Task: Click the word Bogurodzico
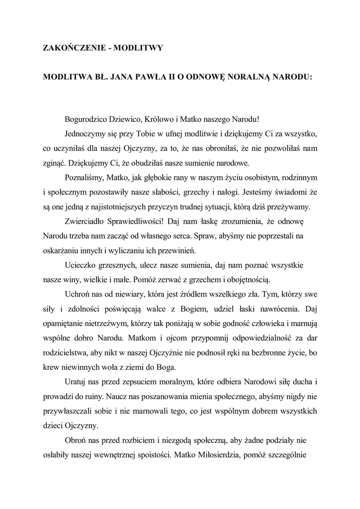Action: pos(87,120)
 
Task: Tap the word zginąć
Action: pos(54,163)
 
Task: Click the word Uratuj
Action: pos(76,382)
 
